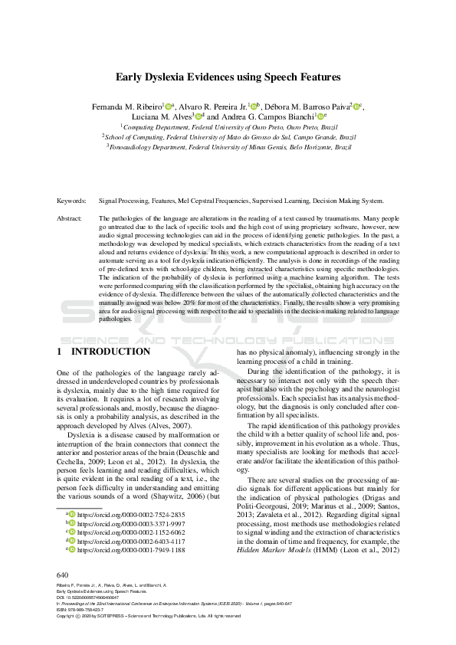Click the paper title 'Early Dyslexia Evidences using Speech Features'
(228, 77)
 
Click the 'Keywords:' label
(71, 200)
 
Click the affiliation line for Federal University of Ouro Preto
(228, 126)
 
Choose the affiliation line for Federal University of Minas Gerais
(228, 146)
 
